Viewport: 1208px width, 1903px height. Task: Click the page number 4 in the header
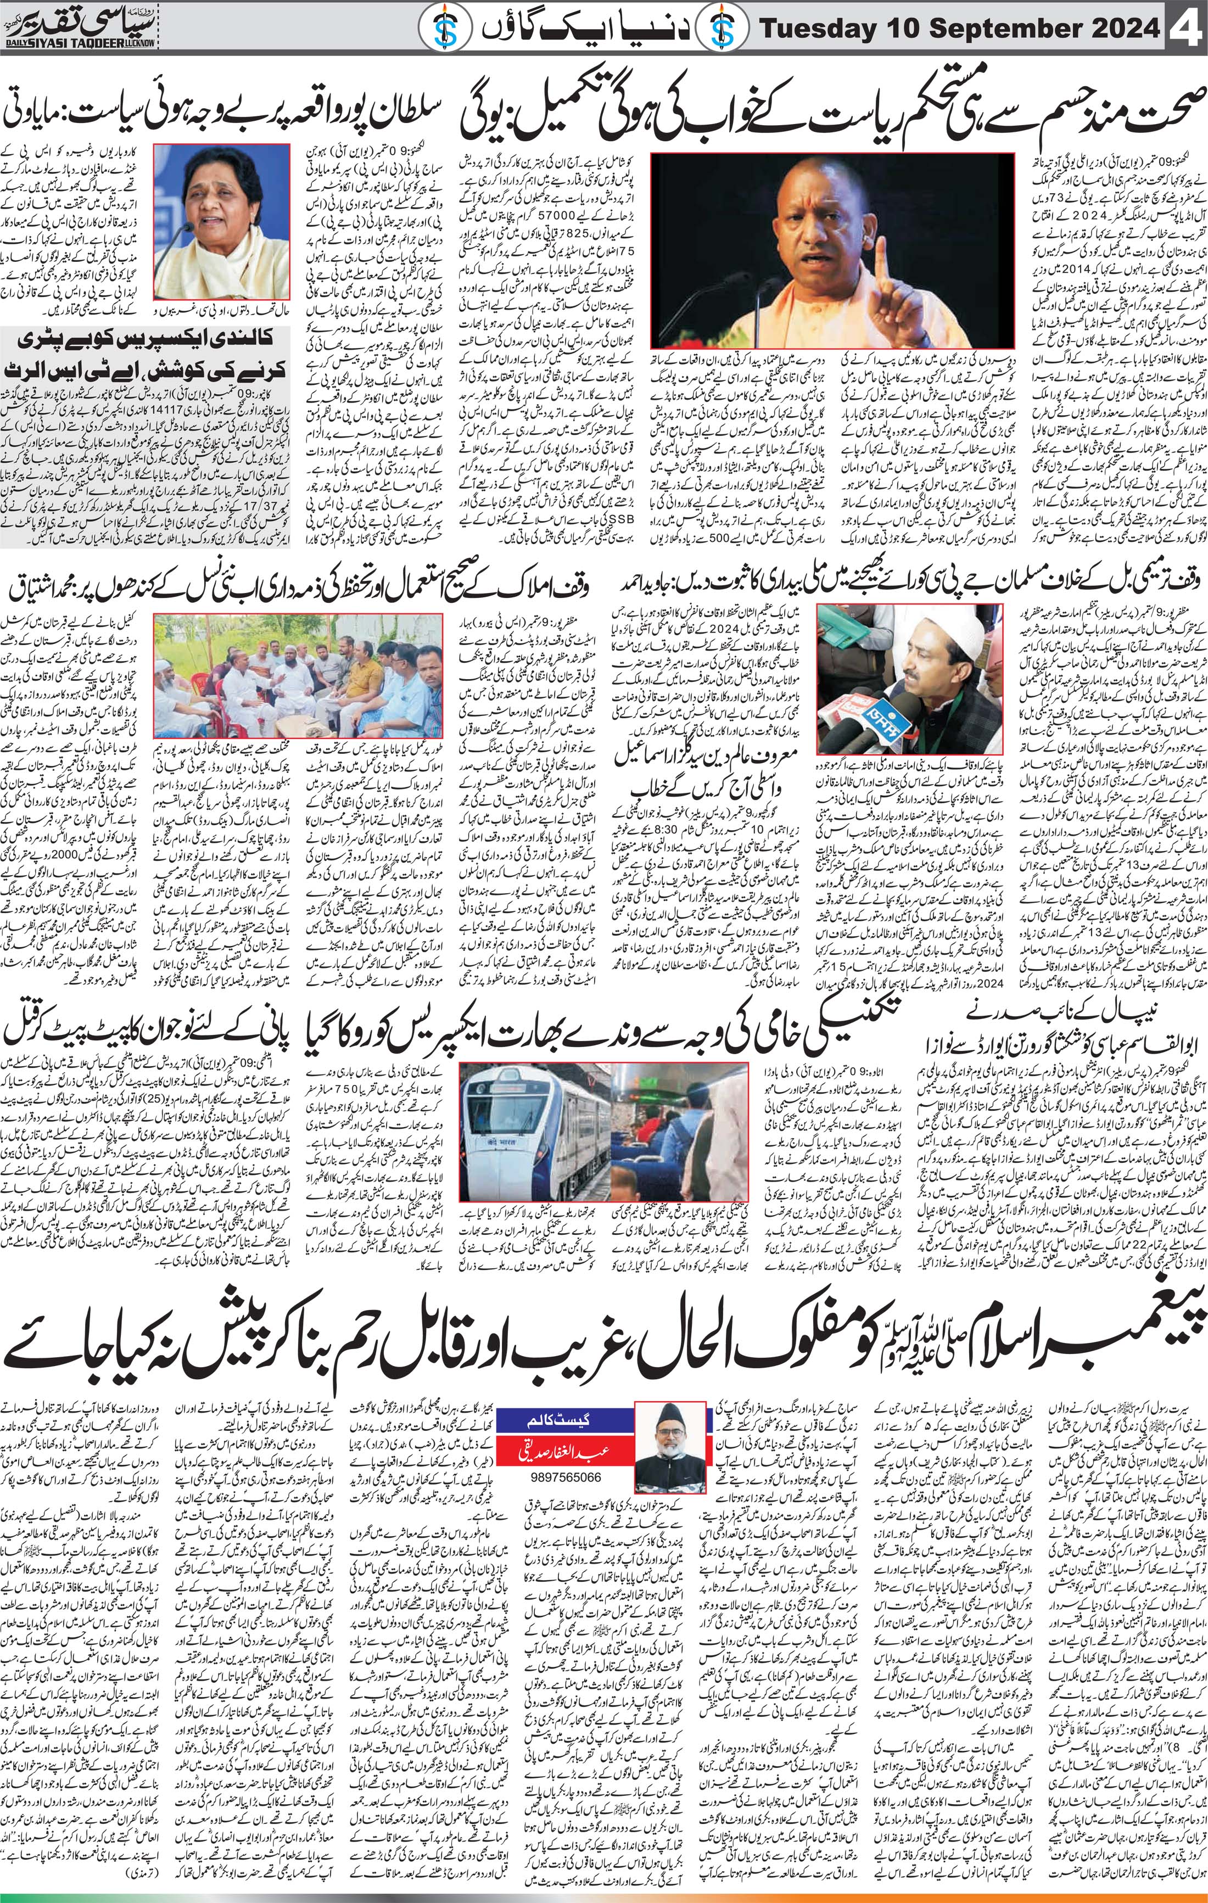tap(1185, 30)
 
